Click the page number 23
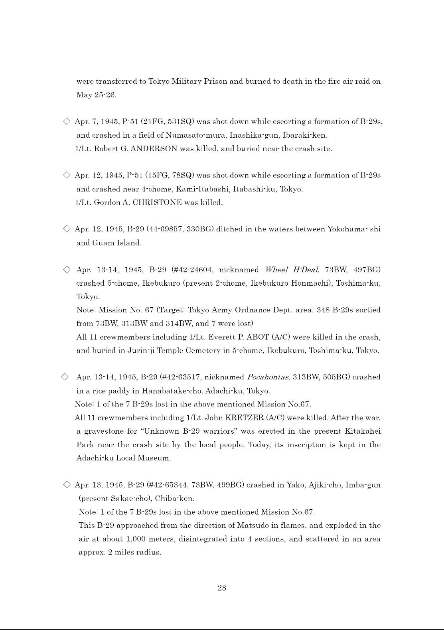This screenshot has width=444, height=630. point(222,588)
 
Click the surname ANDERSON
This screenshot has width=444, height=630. point(154,149)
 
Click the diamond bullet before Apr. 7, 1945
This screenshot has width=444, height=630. point(67,121)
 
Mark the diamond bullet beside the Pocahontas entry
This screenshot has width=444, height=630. point(65,377)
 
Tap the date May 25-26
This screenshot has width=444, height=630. point(96,95)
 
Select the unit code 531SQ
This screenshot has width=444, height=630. point(177,121)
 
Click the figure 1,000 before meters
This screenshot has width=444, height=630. point(136,539)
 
